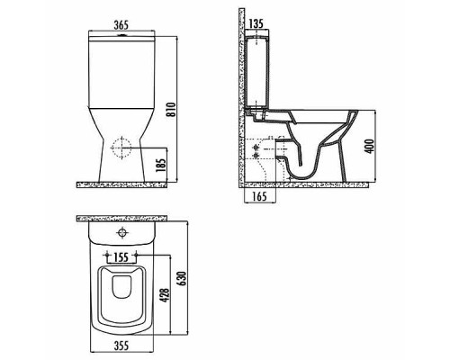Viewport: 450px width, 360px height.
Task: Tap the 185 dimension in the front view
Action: click(x=158, y=164)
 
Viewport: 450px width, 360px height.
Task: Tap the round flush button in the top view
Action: click(x=121, y=237)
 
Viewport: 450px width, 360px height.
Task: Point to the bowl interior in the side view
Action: click(x=319, y=130)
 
